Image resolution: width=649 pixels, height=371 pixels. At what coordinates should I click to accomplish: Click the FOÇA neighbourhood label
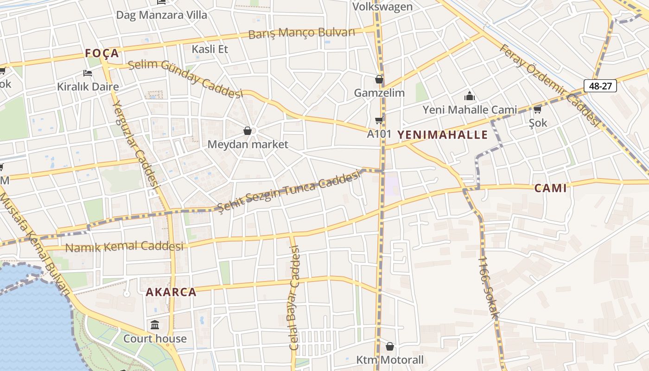(102, 54)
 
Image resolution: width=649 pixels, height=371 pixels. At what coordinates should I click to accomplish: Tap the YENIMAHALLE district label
(443, 135)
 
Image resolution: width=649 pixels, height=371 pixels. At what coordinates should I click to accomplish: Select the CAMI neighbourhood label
(550, 188)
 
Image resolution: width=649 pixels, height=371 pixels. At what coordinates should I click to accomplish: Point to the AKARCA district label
(171, 292)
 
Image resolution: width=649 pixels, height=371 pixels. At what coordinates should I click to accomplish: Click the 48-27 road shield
(600, 86)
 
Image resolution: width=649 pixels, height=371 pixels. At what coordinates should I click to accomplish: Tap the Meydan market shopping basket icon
(248, 131)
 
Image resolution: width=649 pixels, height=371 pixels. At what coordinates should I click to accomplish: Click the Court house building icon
(155, 324)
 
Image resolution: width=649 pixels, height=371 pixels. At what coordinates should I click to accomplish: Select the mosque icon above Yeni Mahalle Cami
(470, 96)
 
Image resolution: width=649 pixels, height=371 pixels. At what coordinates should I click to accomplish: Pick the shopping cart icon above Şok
(537, 109)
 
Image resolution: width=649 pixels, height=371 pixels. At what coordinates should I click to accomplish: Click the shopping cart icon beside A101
(379, 121)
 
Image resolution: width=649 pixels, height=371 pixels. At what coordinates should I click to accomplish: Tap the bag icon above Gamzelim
(379, 79)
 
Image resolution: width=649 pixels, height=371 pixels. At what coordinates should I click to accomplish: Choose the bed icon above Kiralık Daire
(88, 73)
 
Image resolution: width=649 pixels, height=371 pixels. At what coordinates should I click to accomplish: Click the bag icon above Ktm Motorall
(389, 346)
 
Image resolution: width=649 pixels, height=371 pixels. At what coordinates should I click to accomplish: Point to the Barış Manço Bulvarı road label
(301, 33)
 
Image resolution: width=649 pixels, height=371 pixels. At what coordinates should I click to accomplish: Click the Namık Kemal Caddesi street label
(124, 247)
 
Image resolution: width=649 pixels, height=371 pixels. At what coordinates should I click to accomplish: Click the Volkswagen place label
(382, 6)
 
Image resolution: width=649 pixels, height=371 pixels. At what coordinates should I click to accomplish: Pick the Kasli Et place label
(210, 49)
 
